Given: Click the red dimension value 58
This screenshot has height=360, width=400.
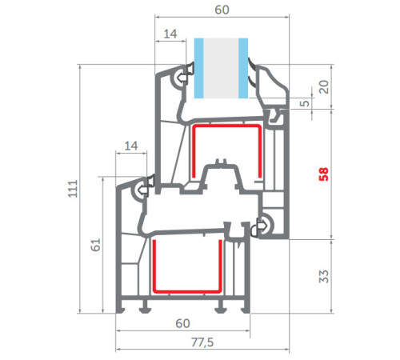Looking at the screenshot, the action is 323,174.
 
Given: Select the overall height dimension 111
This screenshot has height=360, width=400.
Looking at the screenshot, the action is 73,189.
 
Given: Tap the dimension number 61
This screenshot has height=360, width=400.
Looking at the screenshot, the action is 95,245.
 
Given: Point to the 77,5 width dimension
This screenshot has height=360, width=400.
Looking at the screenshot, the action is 202,342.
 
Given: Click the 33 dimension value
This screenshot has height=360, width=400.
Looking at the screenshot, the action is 323,276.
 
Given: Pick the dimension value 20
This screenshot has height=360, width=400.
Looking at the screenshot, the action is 324,86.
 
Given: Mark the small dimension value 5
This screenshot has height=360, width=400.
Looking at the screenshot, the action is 304,103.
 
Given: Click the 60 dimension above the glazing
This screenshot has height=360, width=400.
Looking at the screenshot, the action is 222,10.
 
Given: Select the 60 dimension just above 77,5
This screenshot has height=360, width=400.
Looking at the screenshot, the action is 182,323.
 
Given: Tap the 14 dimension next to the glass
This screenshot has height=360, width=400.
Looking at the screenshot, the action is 170,34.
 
